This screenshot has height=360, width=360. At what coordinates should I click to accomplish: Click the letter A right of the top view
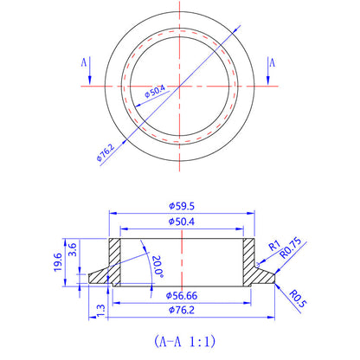coord(272,63)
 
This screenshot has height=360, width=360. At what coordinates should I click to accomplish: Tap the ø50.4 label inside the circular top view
coord(157,90)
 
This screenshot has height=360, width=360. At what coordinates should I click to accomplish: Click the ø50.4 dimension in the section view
coord(180,222)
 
